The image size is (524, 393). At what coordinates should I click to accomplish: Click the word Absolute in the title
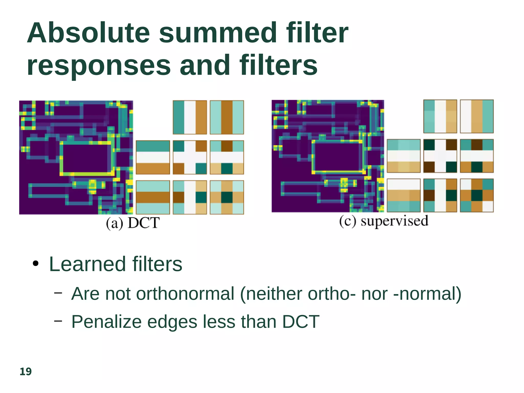click(88, 33)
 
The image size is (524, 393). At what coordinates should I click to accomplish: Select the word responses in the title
click(99, 66)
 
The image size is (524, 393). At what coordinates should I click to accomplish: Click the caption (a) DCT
click(133, 223)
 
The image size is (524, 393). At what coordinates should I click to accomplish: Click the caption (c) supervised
click(384, 221)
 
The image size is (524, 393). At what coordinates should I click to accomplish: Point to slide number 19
click(26, 372)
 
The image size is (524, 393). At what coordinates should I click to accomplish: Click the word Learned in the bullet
click(87, 264)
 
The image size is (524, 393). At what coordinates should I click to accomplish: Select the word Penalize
click(106, 322)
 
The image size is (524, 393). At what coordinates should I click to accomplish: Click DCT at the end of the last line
click(301, 322)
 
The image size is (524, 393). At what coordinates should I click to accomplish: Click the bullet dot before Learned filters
click(36, 264)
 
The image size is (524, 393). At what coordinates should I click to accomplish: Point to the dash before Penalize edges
click(58, 321)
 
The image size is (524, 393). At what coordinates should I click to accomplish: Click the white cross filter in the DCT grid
click(190, 157)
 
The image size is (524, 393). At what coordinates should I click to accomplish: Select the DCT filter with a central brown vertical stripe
click(227, 117)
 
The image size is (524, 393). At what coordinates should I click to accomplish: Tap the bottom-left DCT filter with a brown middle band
click(153, 197)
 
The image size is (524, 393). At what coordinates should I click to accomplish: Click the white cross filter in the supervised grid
click(440, 156)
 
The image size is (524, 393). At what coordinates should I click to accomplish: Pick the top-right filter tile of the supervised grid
click(477, 116)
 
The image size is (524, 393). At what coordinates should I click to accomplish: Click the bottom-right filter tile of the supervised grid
click(477, 195)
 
